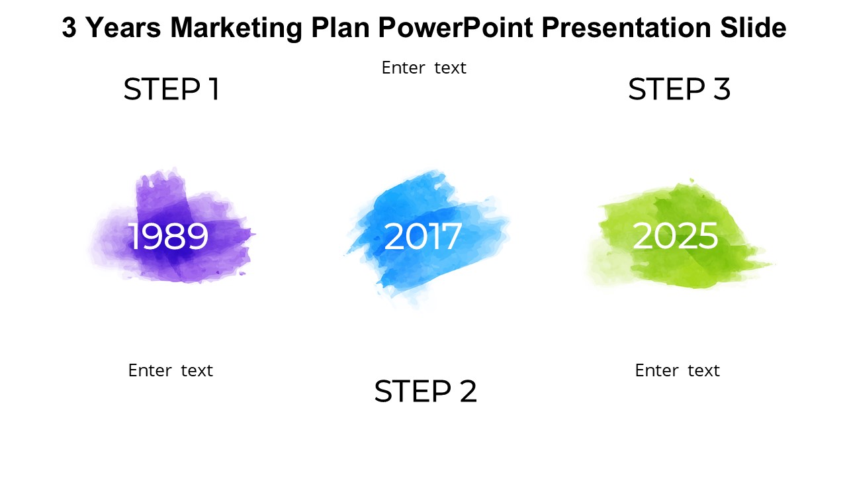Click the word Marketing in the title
(236, 28)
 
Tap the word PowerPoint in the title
(456, 28)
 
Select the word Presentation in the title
(626, 28)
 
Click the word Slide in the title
(753, 27)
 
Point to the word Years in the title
(124, 28)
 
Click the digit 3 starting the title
(69, 28)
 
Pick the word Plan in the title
(340, 28)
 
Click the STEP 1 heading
(171, 89)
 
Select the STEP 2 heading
(425, 391)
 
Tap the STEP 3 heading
(679, 89)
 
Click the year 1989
(168, 236)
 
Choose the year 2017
(422, 236)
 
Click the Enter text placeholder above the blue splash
(424, 68)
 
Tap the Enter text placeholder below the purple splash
(171, 370)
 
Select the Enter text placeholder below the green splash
(677, 370)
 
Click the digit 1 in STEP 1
(214, 89)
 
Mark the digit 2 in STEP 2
(468, 391)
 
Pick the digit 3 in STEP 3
(722, 89)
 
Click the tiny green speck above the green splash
(692, 181)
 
